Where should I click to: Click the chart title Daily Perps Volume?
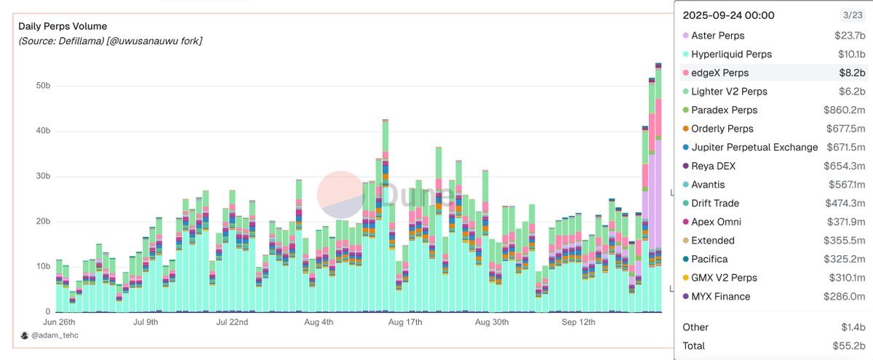(63, 26)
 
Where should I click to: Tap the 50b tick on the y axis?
(42, 86)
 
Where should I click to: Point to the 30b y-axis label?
(42, 176)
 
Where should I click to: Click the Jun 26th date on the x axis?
(60, 321)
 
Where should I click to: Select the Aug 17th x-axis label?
(406, 321)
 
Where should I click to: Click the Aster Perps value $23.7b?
(850, 36)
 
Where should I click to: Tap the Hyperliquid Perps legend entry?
(731, 55)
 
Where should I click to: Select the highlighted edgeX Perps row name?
(719, 73)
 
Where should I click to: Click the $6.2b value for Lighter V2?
(851, 92)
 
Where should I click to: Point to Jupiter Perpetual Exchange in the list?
(754, 148)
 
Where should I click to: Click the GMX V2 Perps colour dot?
(685, 278)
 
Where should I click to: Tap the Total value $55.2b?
(850, 346)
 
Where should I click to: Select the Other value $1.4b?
(853, 327)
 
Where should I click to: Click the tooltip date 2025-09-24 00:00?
(728, 15)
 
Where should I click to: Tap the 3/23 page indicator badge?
(852, 15)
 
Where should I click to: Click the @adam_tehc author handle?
(55, 336)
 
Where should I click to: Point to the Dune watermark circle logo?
(340, 194)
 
